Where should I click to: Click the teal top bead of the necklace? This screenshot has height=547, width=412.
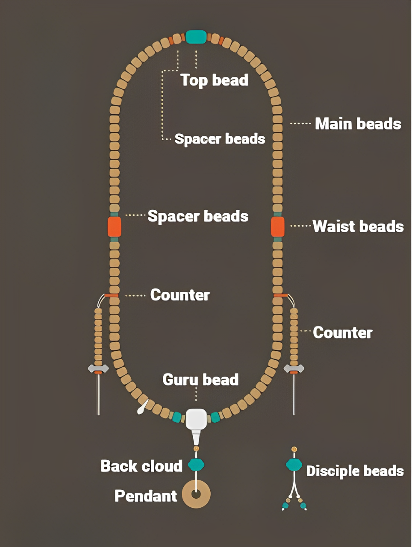click(x=196, y=37)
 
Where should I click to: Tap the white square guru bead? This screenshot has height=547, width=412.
click(x=196, y=419)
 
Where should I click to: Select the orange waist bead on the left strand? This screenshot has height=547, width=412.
click(x=114, y=226)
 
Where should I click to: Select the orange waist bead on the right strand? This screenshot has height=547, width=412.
click(x=278, y=226)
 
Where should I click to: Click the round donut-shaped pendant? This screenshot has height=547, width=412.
click(x=196, y=494)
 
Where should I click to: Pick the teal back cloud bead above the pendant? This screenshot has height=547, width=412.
click(x=196, y=465)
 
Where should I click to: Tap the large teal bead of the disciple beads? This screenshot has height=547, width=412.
click(x=294, y=465)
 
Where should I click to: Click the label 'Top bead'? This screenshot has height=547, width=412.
click(x=214, y=80)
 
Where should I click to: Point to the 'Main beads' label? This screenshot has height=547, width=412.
click(x=358, y=124)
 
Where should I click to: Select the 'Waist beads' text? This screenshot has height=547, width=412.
click(x=358, y=226)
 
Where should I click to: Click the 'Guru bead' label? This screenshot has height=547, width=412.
click(x=200, y=379)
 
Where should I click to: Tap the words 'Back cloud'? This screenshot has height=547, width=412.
click(x=141, y=466)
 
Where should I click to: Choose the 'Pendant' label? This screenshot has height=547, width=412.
click(x=146, y=496)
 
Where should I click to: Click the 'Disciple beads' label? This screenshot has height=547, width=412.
click(x=355, y=471)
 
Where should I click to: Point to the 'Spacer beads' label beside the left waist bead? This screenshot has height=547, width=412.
click(x=198, y=216)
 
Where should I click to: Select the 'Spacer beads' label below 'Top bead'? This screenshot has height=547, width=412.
click(x=220, y=139)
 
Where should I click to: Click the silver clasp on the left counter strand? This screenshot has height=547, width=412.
click(x=98, y=368)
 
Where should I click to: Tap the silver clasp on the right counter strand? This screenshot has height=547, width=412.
click(x=294, y=368)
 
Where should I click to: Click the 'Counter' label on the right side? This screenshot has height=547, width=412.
click(x=342, y=332)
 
